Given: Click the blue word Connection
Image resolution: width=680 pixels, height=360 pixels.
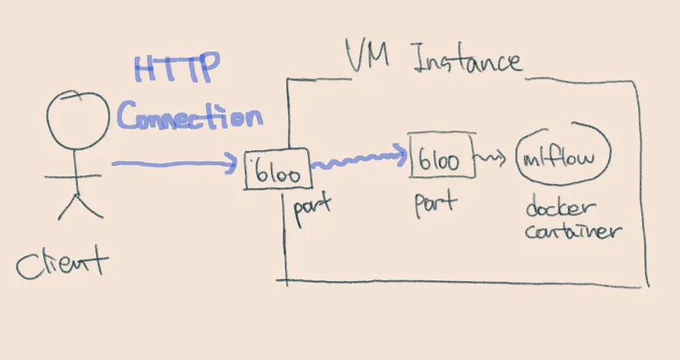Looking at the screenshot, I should click(190, 118).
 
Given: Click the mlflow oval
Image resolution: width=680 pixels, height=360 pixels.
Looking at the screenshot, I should click(566, 158).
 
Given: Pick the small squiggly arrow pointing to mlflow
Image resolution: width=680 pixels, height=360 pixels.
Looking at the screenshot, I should click(493, 158).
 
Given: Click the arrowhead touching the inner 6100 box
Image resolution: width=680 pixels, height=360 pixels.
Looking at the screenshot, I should click(402, 155).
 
